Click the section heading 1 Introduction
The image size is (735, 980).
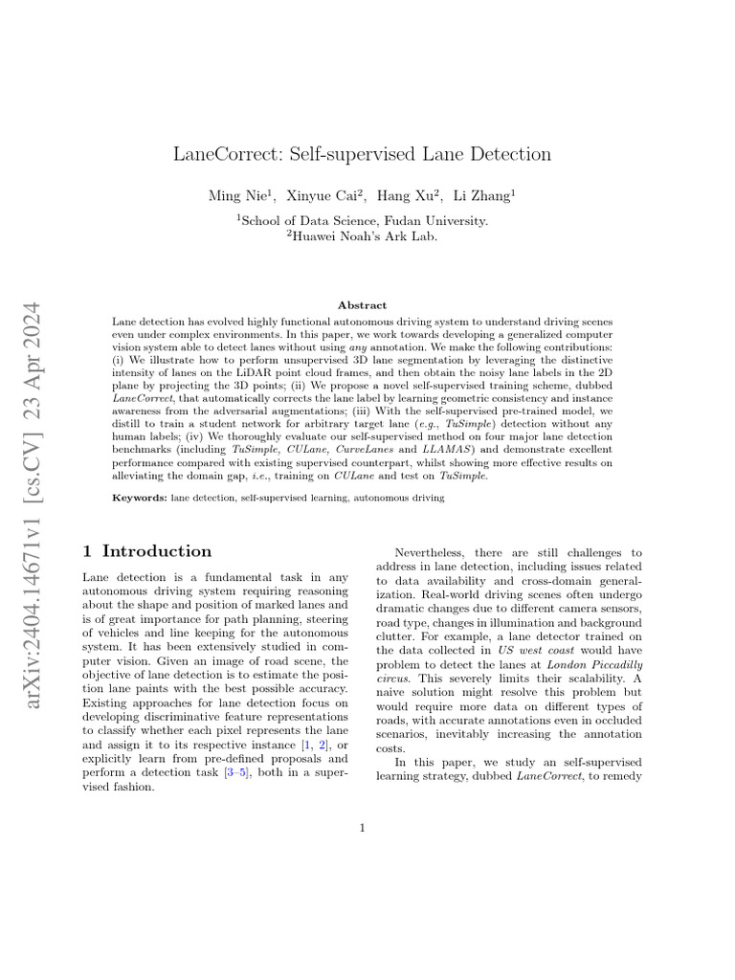pos(147,551)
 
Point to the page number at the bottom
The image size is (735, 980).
pos(363,827)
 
